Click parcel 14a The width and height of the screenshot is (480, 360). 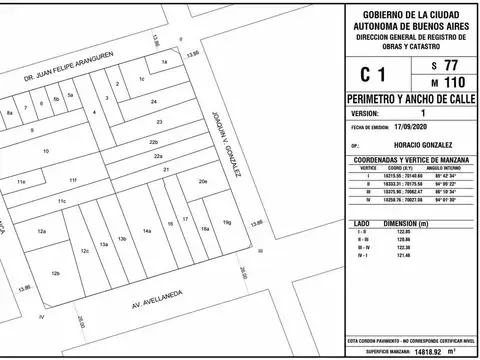tap(146, 231)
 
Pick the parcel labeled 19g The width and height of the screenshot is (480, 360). tap(227, 222)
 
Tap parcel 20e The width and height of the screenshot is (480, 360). tap(202, 182)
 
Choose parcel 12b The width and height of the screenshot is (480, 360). tap(56, 273)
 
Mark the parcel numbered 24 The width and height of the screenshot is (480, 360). tap(153, 102)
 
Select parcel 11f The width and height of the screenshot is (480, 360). tap(72, 180)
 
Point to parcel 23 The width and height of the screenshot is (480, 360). tap(158, 121)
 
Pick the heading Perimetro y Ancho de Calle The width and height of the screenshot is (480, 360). tap(411, 101)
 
